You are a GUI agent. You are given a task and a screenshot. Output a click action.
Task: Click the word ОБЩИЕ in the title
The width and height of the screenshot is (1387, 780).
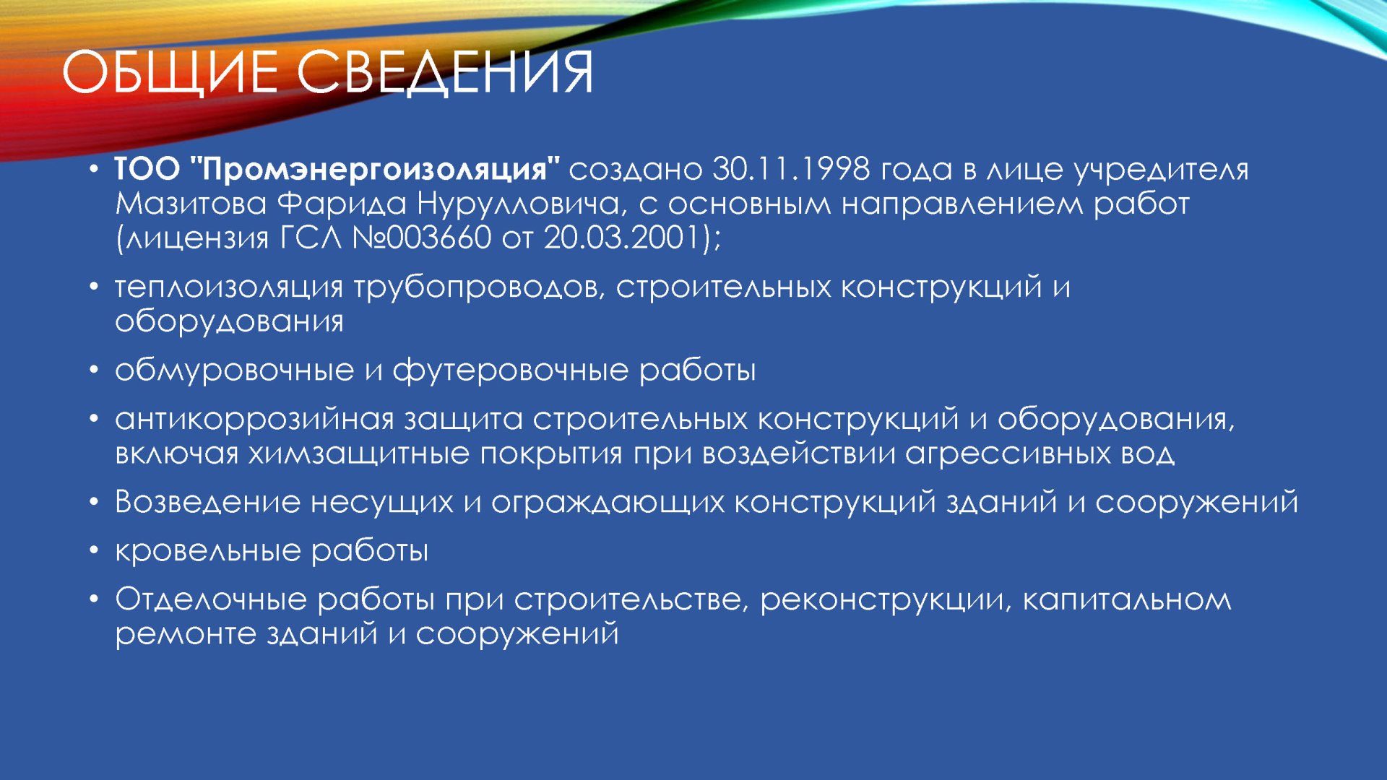coord(170,73)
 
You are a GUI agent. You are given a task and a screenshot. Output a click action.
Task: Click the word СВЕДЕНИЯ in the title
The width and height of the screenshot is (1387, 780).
coord(445,73)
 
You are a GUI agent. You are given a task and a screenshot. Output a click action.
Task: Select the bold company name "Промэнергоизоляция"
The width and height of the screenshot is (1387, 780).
coord(374,170)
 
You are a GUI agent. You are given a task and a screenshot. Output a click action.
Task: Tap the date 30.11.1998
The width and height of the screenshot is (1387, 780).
coord(791,169)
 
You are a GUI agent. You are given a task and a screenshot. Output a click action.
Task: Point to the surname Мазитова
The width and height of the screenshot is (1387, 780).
coord(191,204)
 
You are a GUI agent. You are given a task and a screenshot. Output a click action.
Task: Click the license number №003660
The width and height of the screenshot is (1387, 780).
coord(422,238)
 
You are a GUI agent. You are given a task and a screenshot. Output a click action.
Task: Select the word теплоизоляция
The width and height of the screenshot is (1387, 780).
coord(229,288)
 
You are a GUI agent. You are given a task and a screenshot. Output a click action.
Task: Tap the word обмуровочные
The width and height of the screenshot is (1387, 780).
coord(235,370)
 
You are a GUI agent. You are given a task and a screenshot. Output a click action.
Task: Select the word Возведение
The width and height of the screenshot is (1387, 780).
coord(208,502)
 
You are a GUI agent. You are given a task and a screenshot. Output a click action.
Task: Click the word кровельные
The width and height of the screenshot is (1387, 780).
coord(208,551)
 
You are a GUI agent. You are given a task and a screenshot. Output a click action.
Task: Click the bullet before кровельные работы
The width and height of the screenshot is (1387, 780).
coord(94,551)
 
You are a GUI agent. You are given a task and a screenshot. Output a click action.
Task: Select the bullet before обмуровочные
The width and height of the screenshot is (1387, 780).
coord(94,370)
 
